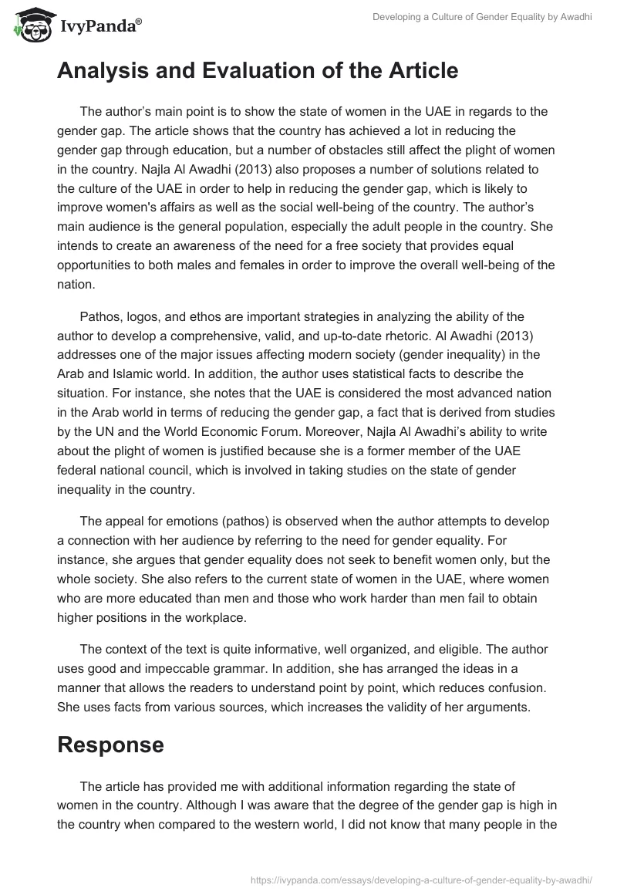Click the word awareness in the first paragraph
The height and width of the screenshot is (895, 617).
click(x=182, y=245)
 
